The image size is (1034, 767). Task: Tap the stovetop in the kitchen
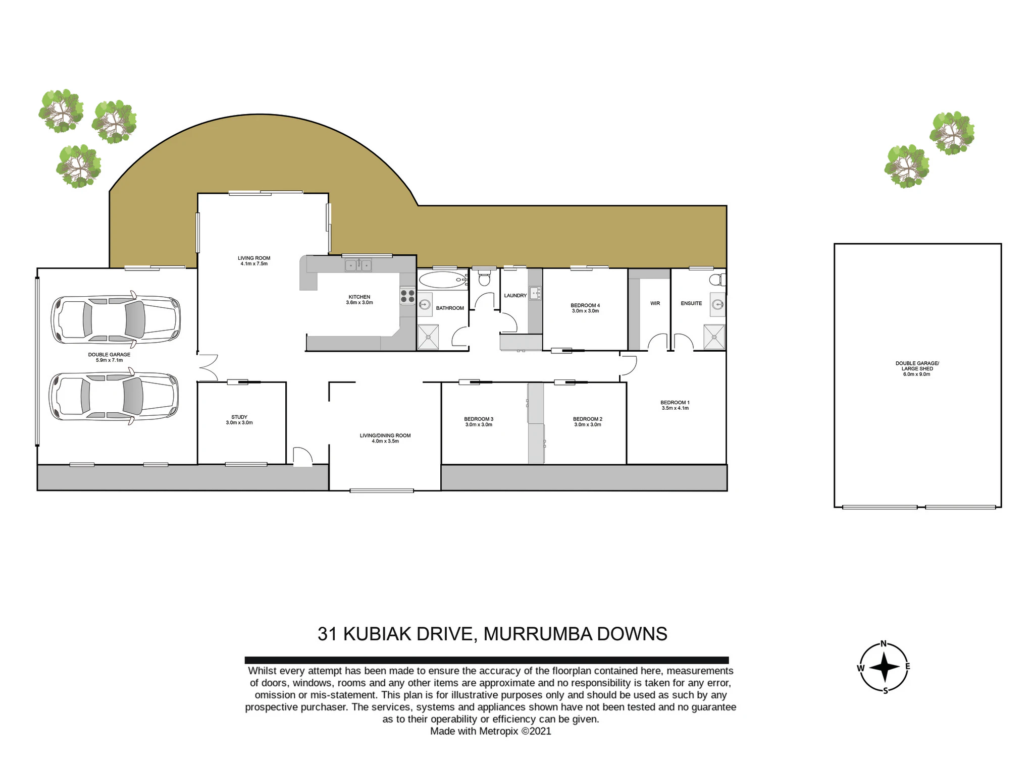408,296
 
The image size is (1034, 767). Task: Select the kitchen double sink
358,265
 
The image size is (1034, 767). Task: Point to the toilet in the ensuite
717,280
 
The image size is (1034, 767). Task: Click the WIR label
655,303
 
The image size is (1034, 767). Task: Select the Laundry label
515,295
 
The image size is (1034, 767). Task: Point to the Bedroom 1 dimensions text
675,408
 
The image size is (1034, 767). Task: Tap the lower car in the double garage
114,396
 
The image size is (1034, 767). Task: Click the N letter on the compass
884,643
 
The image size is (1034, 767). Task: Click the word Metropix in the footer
498,731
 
